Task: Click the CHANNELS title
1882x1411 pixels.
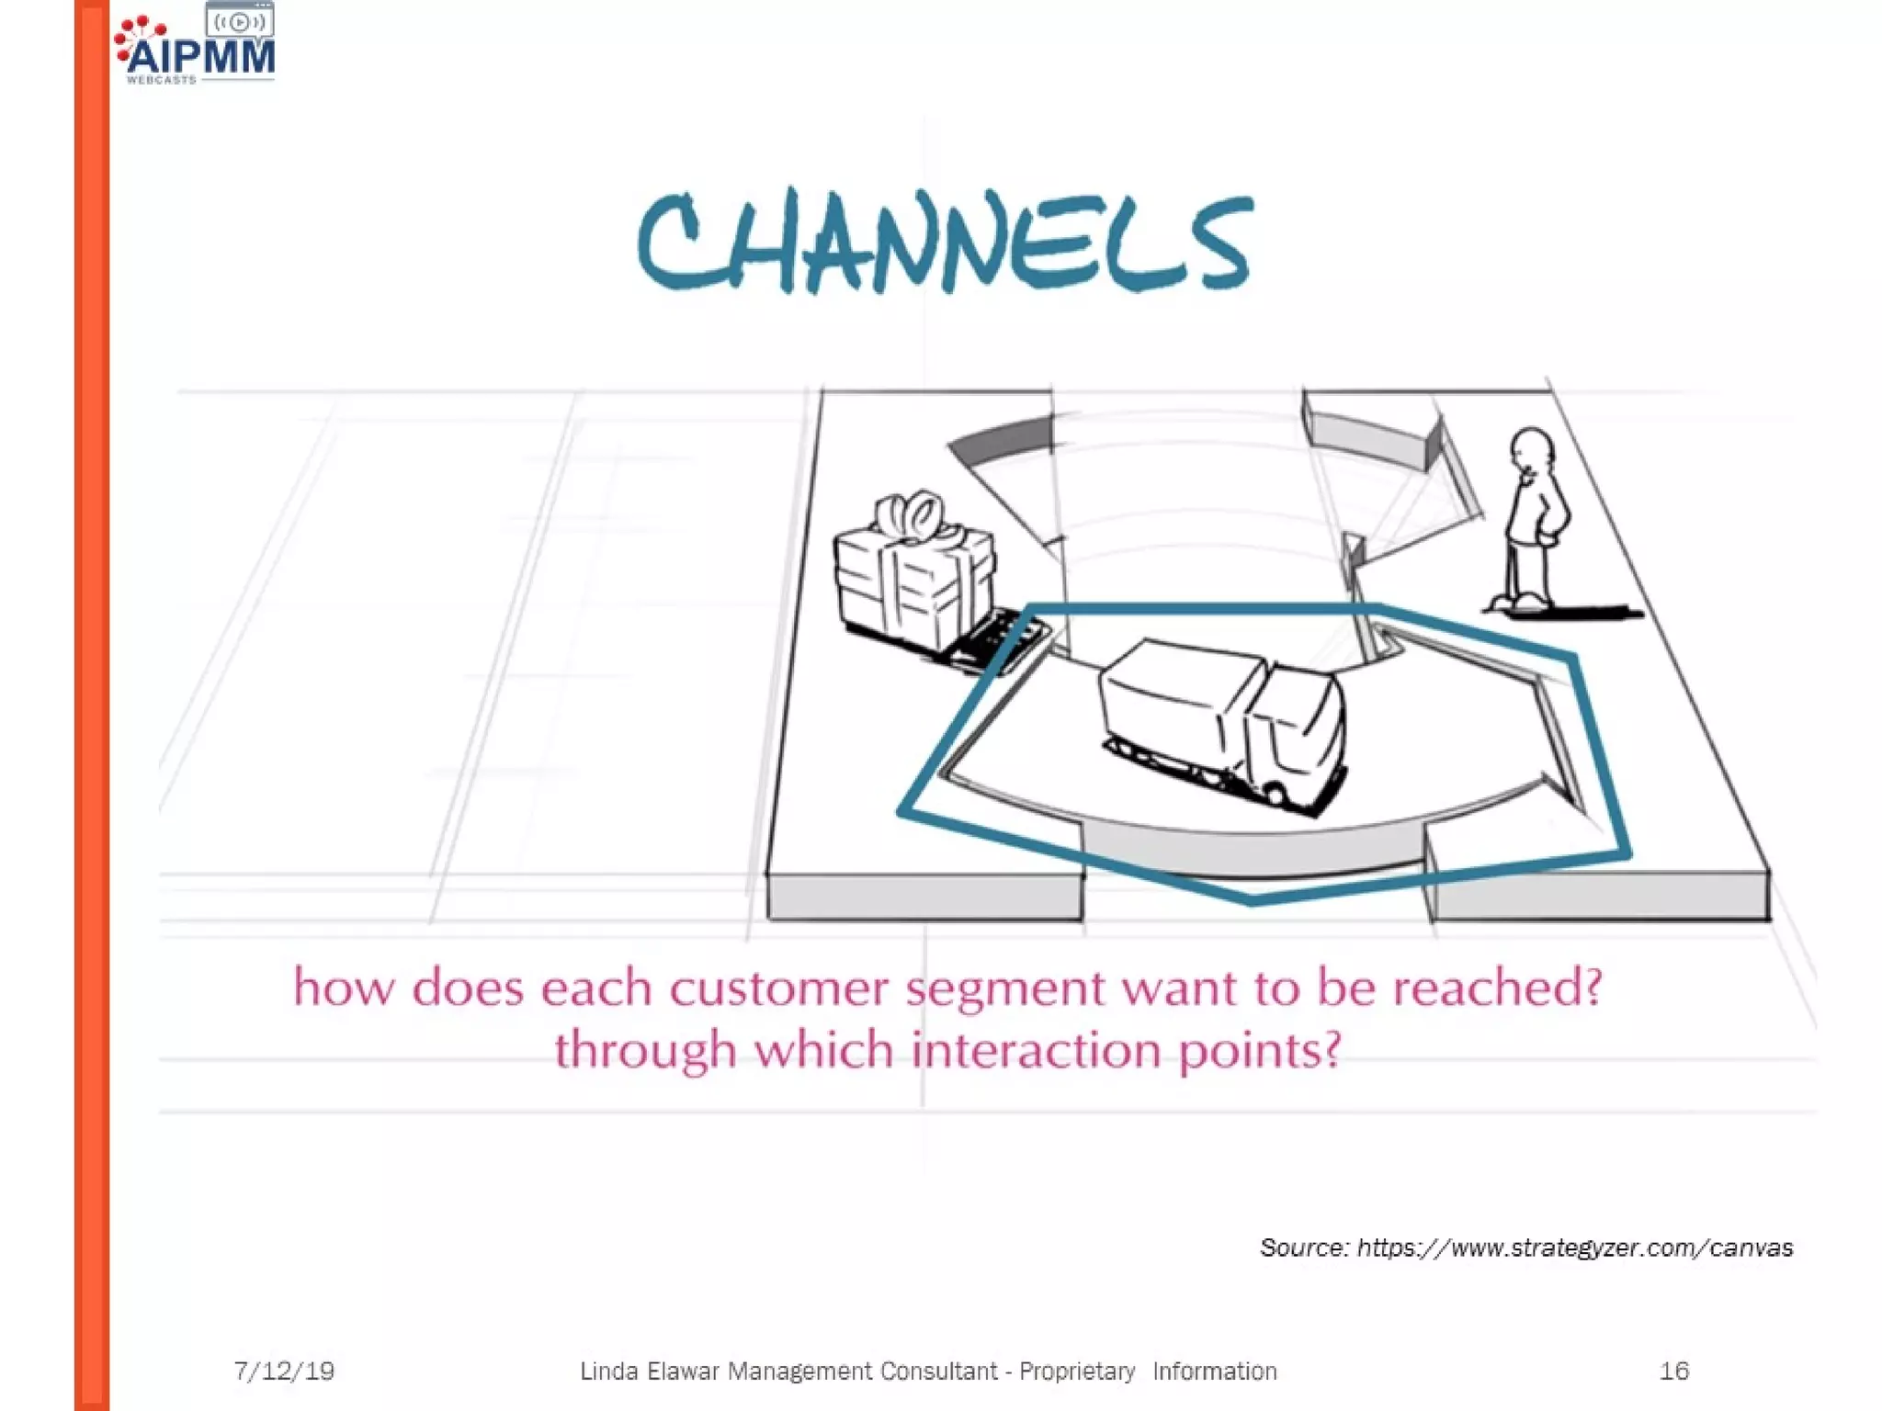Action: point(945,241)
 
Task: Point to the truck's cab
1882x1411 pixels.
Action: point(1296,735)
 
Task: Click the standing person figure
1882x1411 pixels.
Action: point(1531,524)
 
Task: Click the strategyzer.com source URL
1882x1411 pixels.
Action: point(1575,1247)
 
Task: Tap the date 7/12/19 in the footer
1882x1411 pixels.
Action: point(284,1371)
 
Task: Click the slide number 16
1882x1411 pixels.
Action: point(1673,1371)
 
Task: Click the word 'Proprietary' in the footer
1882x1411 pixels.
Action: point(1077,1371)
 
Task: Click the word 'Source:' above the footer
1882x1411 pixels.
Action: point(1304,1247)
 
